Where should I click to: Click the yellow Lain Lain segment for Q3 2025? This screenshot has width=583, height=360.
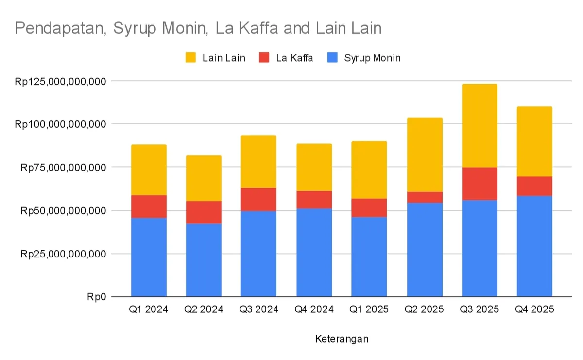(x=480, y=125)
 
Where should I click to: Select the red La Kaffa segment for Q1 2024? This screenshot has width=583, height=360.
(x=149, y=206)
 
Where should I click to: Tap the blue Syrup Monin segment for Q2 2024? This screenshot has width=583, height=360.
(x=204, y=260)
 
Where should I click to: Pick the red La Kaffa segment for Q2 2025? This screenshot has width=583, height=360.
(x=425, y=197)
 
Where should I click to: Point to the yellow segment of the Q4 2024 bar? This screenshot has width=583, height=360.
(x=314, y=167)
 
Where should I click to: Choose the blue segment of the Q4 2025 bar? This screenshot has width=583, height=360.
(x=534, y=246)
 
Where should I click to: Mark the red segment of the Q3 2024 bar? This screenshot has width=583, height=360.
(x=258, y=199)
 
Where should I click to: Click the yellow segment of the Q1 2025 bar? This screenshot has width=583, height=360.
(x=369, y=170)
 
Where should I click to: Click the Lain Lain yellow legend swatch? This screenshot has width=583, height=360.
(x=191, y=58)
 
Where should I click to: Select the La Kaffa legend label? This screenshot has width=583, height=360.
(x=294, y=58)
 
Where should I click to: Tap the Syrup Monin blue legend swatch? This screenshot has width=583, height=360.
(x=332, y=58)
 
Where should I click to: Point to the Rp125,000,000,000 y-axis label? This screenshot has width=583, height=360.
(x=60, y=81)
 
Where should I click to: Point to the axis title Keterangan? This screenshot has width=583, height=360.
(x=342, y=338)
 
